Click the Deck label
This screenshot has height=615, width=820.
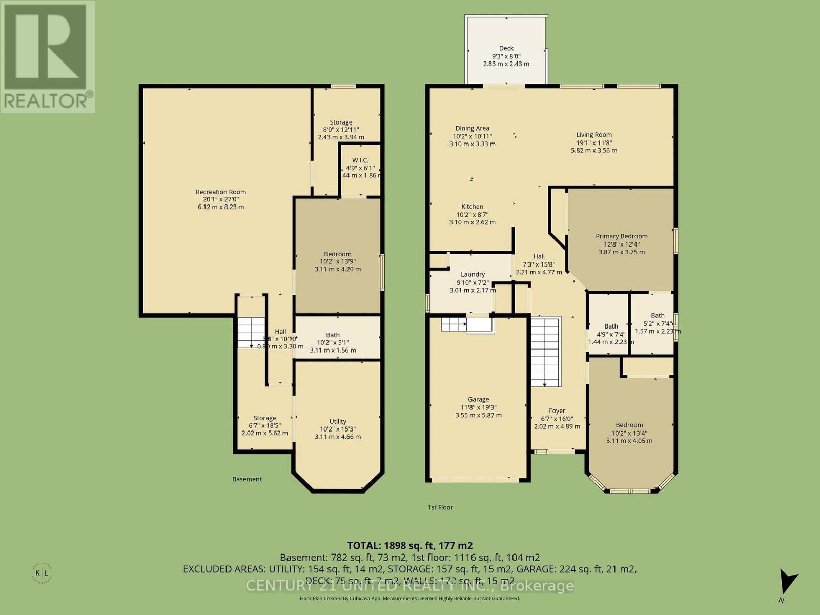click(506, 48)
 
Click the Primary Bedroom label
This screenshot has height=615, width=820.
click(621, 236)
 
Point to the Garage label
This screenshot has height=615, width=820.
click(478, 399)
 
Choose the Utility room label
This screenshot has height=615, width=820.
click(338, 421)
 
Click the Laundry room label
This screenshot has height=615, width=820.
click(473, 274)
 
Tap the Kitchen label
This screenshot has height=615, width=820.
click(472, 207)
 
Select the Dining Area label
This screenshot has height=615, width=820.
click(472, 128)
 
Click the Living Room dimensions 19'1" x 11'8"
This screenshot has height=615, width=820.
click(594, 143)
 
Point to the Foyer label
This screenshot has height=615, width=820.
click(557, 411)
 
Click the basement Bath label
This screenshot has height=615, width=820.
click(333, 335)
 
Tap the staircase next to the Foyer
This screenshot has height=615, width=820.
click(545, 352)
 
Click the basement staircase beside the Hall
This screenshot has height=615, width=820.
click(251, 333)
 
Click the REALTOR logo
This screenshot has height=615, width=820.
click(47, 56)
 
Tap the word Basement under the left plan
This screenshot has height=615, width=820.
click(247, 479)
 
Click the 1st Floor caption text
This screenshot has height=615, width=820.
click(440, 507)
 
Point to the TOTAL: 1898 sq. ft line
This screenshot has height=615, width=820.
click(409, 545)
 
